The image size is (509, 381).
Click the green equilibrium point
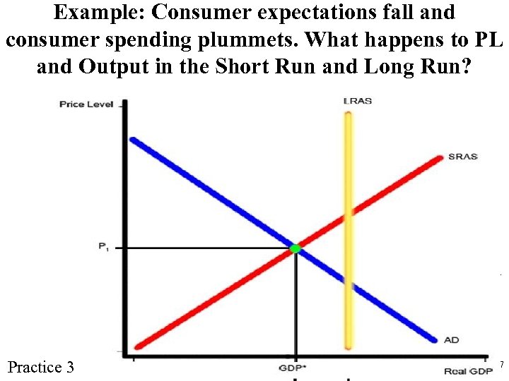click(x=296, y=248)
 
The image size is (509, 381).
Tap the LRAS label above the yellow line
click(x=358, y=101)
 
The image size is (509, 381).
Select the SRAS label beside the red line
click(x=463, y=156)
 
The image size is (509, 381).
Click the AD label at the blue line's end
click(x=451, y=340)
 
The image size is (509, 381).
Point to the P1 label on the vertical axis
click(x=104, y=246)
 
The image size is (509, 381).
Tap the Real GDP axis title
click(x=468, y=371)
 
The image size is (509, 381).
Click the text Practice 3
click(x=40, y=367)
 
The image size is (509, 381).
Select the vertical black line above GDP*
click(x=296, y=303)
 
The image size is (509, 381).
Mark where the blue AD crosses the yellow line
click(x=347, y=283)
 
